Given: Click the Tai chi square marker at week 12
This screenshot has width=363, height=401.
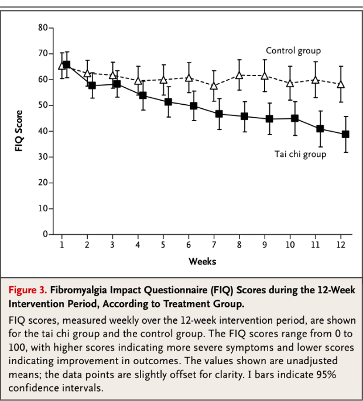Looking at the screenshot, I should [345, 134].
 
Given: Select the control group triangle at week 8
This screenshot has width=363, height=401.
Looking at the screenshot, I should [239, 75].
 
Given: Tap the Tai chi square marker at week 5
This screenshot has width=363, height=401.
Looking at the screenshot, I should [169, 102].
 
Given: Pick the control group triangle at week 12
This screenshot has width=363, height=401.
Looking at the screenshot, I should [341, 84].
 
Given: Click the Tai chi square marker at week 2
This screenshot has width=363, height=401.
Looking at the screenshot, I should [92, 85].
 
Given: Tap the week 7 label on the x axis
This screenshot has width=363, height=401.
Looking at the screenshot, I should [214, 245].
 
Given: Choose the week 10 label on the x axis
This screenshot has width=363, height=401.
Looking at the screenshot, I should [290, 245].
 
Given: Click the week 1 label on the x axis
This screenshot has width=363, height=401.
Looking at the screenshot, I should [61, 245].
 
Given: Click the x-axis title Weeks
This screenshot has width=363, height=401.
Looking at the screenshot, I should [202, 261].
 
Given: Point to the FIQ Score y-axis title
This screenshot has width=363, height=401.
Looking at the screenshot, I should [19, 131].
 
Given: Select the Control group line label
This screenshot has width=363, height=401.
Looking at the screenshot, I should [293, 51].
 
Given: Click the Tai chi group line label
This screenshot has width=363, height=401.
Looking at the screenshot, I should [300, 155].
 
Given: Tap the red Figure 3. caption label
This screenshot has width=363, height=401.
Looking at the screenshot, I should [28, 290].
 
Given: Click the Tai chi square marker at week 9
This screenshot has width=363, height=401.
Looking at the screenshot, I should [269, 119].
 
